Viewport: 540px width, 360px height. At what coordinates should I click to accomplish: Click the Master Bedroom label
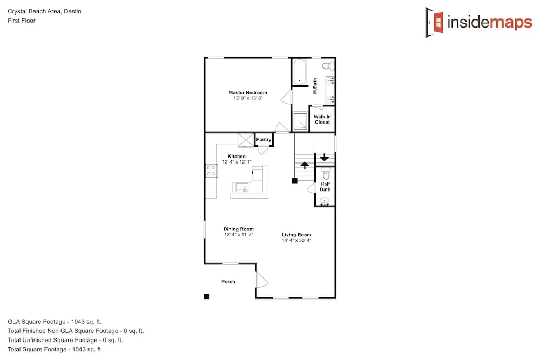coord(248,93)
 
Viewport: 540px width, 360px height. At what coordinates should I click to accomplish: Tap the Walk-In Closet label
coord(322,119)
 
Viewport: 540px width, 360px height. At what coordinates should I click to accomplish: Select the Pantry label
coord(264,139)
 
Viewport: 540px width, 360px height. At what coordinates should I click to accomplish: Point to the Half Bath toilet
coord(326,174)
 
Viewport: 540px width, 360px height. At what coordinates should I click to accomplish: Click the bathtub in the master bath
coord(299,72)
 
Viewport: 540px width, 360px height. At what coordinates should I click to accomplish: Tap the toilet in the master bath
coord(328,65)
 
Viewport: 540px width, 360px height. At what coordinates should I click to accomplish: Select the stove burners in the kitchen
coord(211,171)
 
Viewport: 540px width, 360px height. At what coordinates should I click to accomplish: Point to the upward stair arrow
coord(305,166)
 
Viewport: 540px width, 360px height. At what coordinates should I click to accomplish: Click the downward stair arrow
coord(325,157)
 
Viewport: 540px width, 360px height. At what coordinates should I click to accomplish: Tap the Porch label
coord(228,282)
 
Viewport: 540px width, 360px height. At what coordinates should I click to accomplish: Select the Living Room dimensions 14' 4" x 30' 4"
coord(296,240)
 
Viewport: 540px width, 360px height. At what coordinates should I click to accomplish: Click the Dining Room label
coord(239,229)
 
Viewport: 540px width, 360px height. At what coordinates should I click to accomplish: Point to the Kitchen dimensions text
coord(237,162)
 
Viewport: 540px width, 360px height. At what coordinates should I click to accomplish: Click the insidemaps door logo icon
coord(434,22)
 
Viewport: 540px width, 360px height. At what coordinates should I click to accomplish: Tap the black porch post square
coord(206,296)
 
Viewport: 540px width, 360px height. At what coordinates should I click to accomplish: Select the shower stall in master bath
coord(300,121)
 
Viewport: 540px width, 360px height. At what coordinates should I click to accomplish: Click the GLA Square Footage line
coord(55,322)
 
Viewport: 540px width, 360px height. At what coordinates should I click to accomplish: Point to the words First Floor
coord(22,21)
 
